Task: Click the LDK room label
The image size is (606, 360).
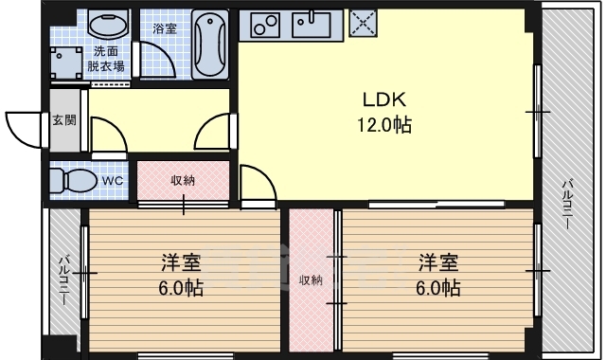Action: pyautogui.click(x=384, y=99)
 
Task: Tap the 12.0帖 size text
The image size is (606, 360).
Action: pyautogui.click(x=384, y=125)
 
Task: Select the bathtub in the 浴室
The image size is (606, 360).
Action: pyautogui.click(x=210, y=44)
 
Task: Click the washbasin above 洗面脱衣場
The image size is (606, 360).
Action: pyautogui.click(x=108, y=23)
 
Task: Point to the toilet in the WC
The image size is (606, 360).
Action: pyautogui.click(x=74, y=180)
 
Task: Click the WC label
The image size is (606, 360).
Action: pyautogui.click(x=113, y=180)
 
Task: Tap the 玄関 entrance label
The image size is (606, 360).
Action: pyautogui.click(x=64, y=120)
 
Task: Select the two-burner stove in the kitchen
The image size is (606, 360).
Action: pyautogui.click(x=265, y=25)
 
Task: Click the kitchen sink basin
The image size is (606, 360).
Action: pyautogui.click(x=312, y=25)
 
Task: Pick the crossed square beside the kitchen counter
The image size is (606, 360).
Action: pyautogui.click(x=363, y=23)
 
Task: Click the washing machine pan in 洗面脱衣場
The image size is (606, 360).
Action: pyautogui.click(x=66, y=63)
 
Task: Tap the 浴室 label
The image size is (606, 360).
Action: pyautogui.click(x=165, y=28)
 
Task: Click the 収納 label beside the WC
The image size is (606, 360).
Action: pyautogui.click(x=183, y=180)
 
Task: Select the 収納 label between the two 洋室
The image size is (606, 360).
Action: pyautogui.click(x=312, y=280)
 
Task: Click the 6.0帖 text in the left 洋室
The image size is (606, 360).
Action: pyautogui.click(x=181, y=288)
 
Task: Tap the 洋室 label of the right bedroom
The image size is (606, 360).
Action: pyautogui.click(x=438, y=262)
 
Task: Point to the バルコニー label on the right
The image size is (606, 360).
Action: pyautogui.click(x=567, y=205)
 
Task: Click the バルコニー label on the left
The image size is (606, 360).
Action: pyautogui.click(x=63, y=280)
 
